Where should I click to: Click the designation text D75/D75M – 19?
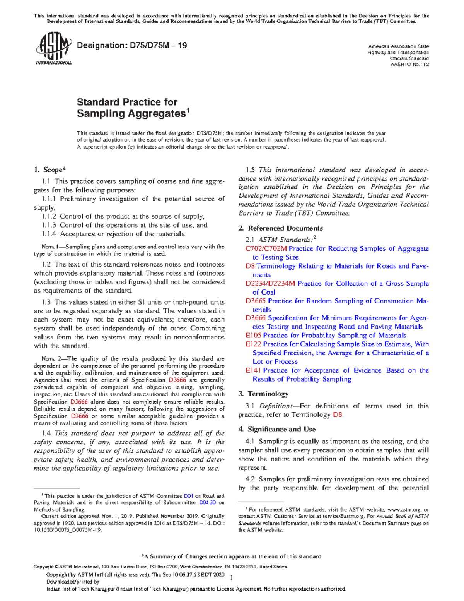(x=132, y=46)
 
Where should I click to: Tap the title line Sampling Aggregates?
(x=131, y=114)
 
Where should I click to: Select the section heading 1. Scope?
(x=49, y=170)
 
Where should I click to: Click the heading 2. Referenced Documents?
(x=281, y=228)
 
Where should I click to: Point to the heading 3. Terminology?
(x=263, y=394)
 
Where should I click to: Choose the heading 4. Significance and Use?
(x=277, y=430)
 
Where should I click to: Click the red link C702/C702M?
(x=266, y=249)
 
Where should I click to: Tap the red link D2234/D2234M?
(x=270, y=284)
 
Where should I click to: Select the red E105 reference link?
(x=253, y=336)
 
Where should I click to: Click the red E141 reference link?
(x=253, y=370)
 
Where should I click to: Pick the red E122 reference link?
(x=253, y=344)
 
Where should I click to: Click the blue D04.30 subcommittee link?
(x=207, y=503)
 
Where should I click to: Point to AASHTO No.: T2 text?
(x=410, y=65)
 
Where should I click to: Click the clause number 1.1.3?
(x=49, y=225)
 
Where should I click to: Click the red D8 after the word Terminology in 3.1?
(x=337, y=415)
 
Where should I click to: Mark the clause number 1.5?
(x=250, y=170)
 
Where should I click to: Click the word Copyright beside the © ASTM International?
(x=43, y=567)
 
